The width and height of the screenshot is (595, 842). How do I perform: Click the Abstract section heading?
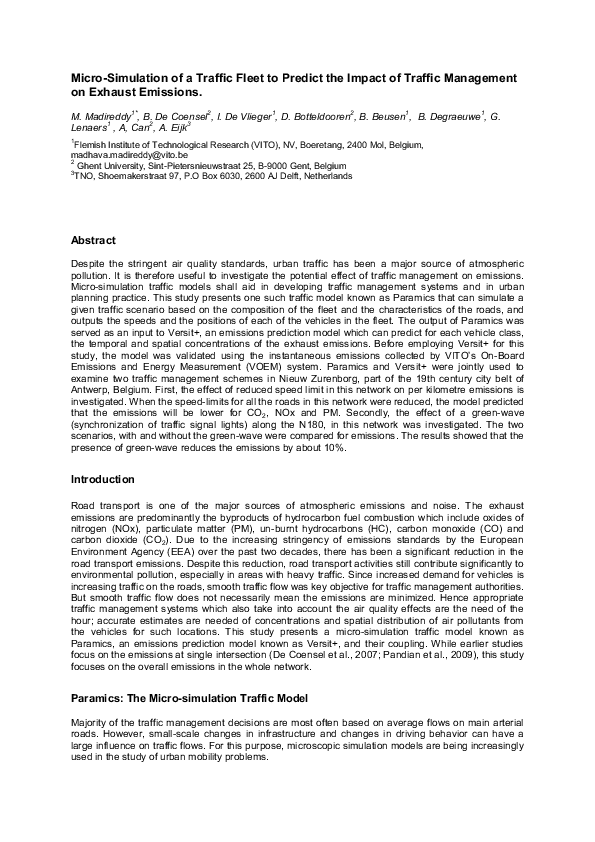pyautogui.click(x=93, y=240)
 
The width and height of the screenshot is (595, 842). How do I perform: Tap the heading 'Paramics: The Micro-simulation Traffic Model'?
pyautogui.click(x=188, y=696)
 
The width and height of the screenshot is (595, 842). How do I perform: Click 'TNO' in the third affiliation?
pyautogui.click(x=84, y=176)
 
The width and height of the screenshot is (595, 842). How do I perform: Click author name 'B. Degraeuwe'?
pyautogui.click(x=450, y=117)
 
